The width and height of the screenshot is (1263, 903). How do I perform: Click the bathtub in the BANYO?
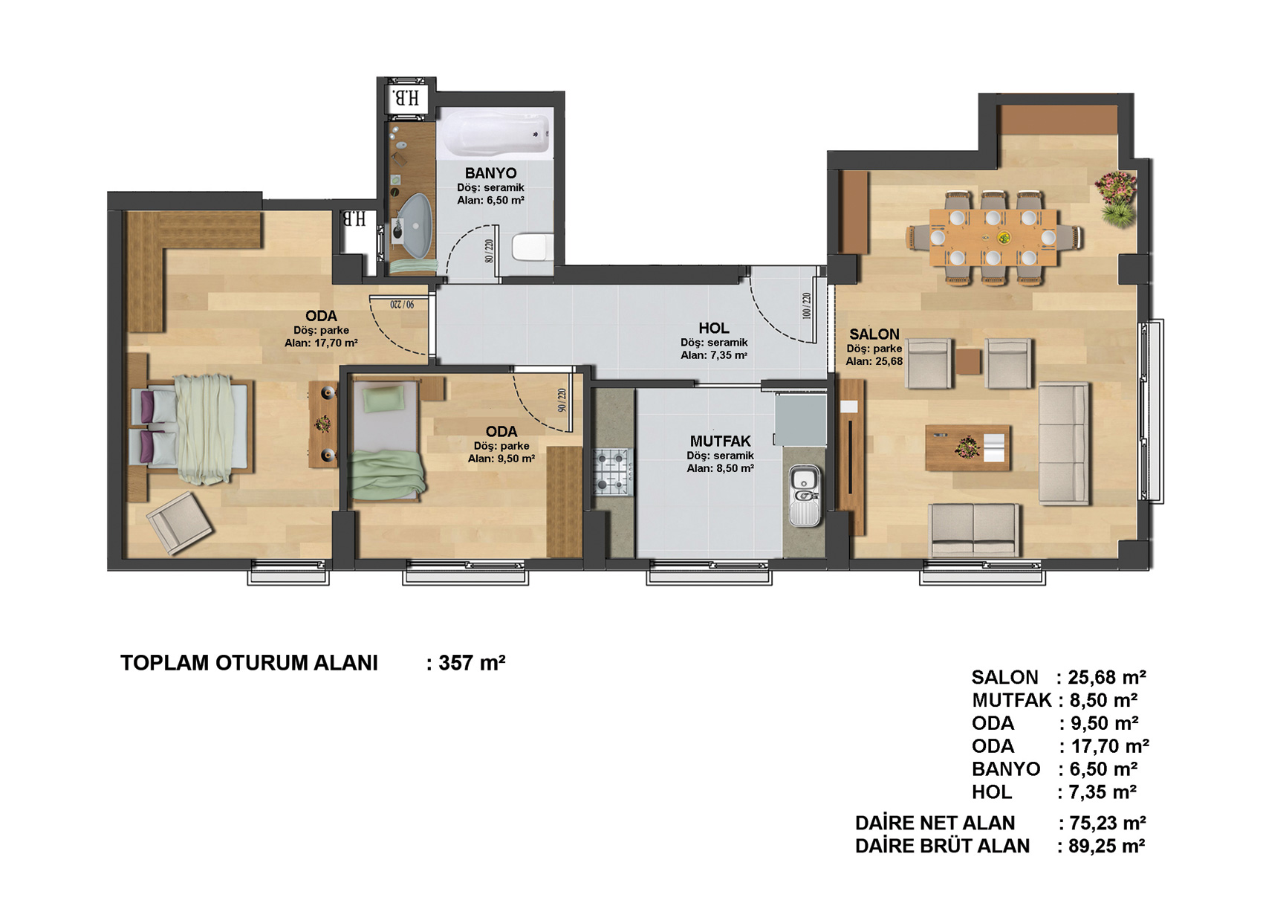(x=495, y=133)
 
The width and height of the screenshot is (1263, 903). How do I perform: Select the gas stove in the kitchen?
(x=612, y=471)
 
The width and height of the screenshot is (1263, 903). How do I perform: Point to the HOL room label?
(x=713, y=328)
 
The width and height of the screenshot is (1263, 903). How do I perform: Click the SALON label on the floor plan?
(x=874, y=334)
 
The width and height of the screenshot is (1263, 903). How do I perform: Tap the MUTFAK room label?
(x=720, y=441)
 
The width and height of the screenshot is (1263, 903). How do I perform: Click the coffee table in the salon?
(x=967, y=448)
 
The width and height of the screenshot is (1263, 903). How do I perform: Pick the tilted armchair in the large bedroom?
(x=179, y=522)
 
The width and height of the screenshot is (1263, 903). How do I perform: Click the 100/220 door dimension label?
(x=806, y=305)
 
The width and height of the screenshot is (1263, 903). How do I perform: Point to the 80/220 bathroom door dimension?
(x=489, y=251)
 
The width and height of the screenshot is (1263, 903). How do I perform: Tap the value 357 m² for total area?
(x=471, y=663)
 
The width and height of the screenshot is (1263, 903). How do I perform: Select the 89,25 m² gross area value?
(x=1107, y=846)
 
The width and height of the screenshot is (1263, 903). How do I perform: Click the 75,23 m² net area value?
(x=1108, y=823)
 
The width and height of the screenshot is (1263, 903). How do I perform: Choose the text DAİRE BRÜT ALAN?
(x=942, y=846)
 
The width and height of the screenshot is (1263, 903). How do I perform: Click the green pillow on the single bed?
(x=383, y=398)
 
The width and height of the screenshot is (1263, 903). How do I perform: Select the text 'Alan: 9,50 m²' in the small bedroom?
(x=501, y=459)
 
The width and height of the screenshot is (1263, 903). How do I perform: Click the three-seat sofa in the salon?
(x=1064, y=443)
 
